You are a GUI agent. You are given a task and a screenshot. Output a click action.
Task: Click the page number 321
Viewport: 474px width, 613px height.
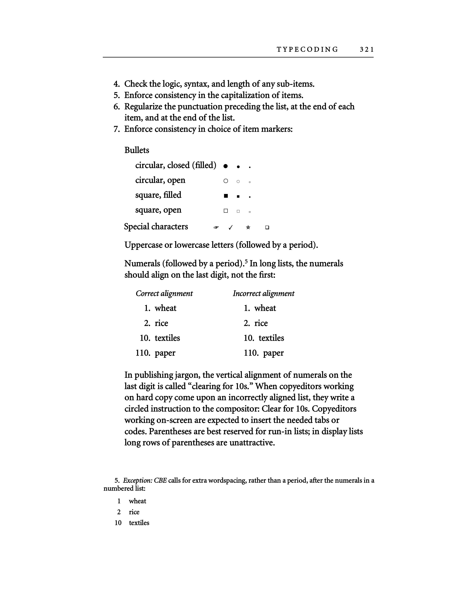pyautogui.click(x=366, y=50)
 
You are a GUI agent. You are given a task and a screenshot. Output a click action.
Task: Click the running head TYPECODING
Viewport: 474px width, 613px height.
pyautogui.click(x=307, y=50)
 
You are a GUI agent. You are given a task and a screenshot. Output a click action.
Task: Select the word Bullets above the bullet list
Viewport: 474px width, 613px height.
pyautogui.click(x=137, y=150)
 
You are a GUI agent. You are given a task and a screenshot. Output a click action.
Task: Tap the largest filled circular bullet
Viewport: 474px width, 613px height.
pyautogui.click(x=225, y=166)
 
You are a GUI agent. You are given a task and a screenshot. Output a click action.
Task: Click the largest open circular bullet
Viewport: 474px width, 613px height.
pyautogui.click(x=225, y=181)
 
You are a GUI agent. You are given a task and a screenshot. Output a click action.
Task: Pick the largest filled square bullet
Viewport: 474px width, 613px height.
pyautogui.click(x=225, y=196)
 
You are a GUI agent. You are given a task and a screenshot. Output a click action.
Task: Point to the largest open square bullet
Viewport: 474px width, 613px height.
pyautogui.click(x=225, y=211)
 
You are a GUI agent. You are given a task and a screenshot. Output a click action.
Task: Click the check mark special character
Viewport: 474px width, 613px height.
pyautogui.click(x=230, y=227)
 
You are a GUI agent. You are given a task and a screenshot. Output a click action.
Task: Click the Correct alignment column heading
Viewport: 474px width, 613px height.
pyautogui.click(x=164, y=293)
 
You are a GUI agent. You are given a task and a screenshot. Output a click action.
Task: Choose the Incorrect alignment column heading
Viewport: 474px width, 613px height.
pyautogui.click(x=263, y=293)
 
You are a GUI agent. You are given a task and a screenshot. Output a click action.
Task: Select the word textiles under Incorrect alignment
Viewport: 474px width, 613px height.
pyautogui.click(x=271, y=338)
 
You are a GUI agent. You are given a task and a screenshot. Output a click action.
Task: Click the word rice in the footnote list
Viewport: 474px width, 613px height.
pyautogui.click(x=134, y=512)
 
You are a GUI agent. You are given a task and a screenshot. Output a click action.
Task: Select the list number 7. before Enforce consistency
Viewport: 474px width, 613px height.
pyautogui.click(x=117, y=129)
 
